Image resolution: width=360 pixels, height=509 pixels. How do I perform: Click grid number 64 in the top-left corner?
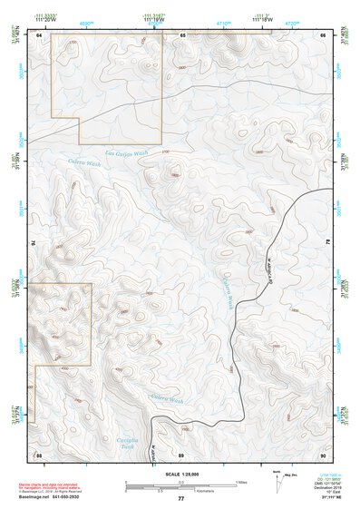(x=39, y=34)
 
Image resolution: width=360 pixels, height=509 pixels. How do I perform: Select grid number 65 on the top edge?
(x=181, y=34)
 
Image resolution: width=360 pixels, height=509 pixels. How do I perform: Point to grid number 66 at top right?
(x=323, y=34)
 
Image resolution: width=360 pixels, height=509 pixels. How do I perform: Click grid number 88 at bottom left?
(x=39, y=454)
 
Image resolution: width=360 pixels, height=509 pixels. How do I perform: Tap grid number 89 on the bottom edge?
(x=181, y=454)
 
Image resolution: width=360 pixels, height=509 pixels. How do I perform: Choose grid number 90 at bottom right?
(x=323, y=454)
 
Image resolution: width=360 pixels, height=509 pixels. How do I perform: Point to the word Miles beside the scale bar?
(x=241, y=482)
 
